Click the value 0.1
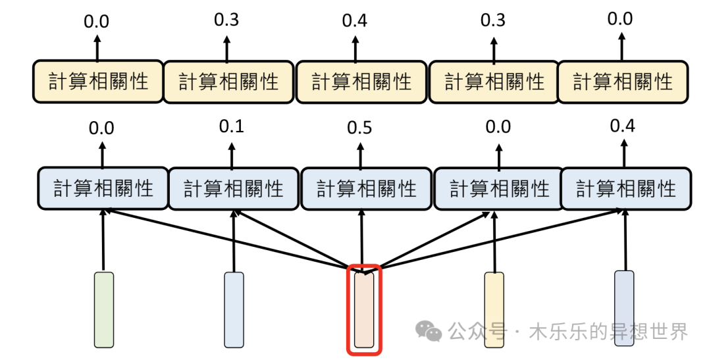pyautogui.click(x=232, y=126)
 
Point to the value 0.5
pyautogui.click(x=359, y=128)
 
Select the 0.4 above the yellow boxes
pyautogui.click(x=355, y=20)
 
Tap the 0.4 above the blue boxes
pyautogui.click(x=622, y=126)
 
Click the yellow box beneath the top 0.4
pyautogui.click(x=361, y=82)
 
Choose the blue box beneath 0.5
pyautogui.click(x=365, y=190)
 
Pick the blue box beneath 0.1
pyautogui.click(x=233, y=190)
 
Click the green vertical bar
pyautogui.click(x=104, y=309)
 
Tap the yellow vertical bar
pyautogui.click(x=494, y=309)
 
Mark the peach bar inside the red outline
pyautogui.click(x=364, y=309)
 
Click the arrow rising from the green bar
pyautogui.click(x=103, y=240)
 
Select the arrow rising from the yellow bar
pyautogui.click(x=494, y=240)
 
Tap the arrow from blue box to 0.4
pyautogui.click(x=622, y=151)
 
